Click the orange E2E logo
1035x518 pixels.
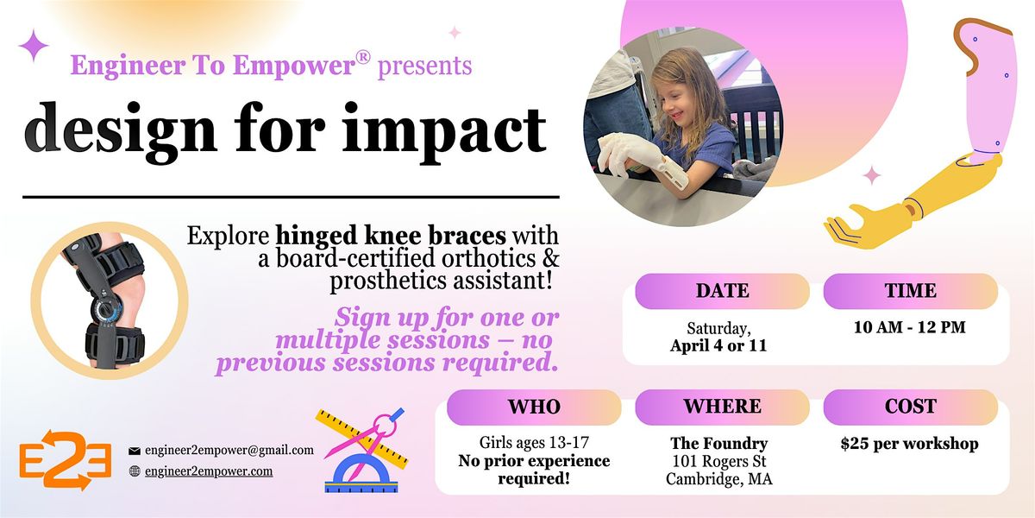66,459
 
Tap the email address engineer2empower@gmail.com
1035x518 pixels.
229,450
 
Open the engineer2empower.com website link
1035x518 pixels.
209,471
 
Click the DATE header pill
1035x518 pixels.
722,291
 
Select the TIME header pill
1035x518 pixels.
910,291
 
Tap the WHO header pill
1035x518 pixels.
534,407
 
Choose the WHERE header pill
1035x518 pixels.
722,407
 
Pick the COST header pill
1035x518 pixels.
910,407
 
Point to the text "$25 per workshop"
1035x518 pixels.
909,444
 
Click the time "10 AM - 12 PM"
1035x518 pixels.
909,327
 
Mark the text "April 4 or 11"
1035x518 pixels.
718,345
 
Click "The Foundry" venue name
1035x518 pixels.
719,444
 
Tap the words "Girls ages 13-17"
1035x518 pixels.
534,443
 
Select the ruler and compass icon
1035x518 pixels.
362,450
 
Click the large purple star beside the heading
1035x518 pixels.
34,45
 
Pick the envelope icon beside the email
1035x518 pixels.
135,451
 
